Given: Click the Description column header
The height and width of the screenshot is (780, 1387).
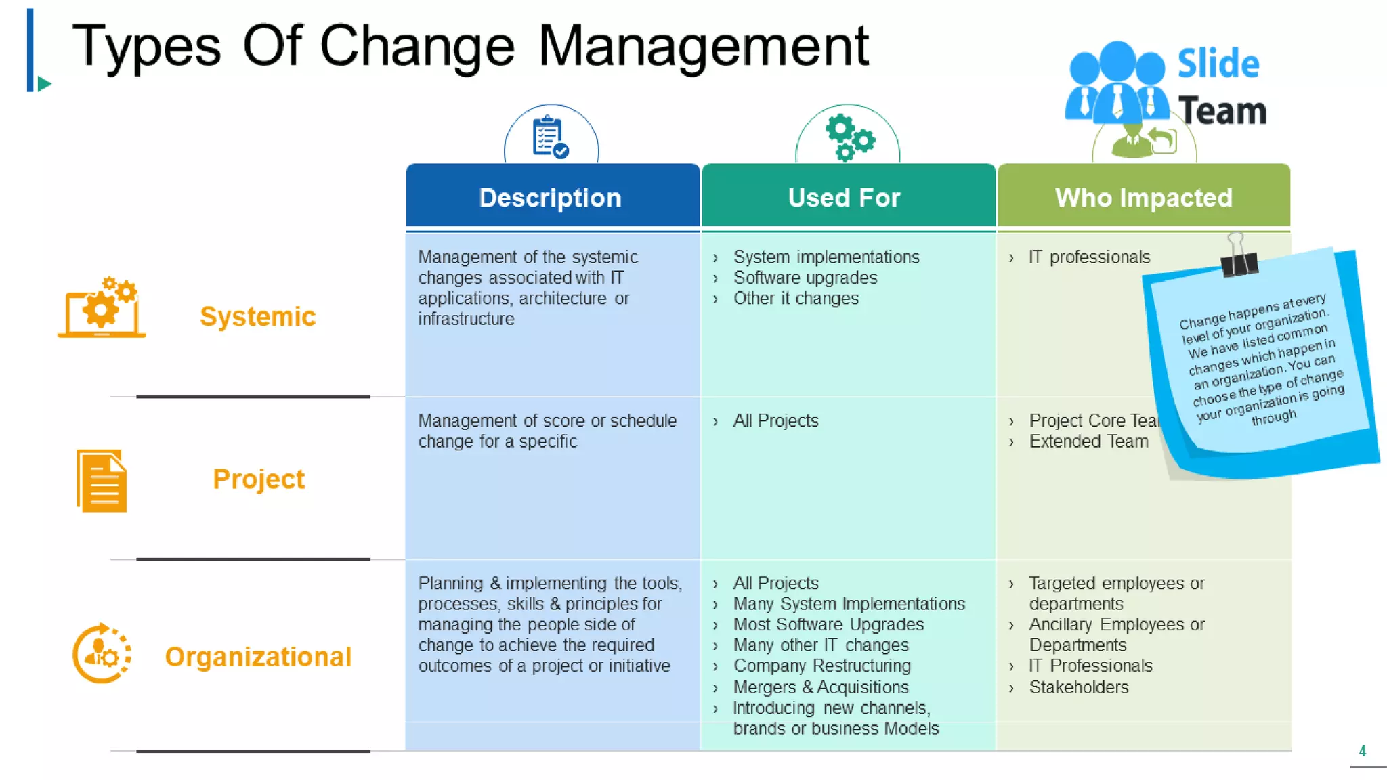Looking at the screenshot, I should point(550,197).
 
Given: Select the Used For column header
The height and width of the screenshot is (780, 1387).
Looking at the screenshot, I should point(844,197).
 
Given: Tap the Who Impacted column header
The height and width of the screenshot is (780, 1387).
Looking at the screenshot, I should point(1143,197).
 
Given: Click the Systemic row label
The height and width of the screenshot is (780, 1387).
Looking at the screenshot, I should point(257,316).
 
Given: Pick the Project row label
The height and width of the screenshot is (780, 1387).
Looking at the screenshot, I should point(258,479).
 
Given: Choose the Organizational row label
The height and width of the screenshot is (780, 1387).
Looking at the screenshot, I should point(258,656).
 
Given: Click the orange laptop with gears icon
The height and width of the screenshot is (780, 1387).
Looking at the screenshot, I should point(102,308).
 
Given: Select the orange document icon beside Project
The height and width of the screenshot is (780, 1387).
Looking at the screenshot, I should point(102,480).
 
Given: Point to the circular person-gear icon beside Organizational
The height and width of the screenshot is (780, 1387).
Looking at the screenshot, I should point(102,653).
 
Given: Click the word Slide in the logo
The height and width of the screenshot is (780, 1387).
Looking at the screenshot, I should point(1218,64).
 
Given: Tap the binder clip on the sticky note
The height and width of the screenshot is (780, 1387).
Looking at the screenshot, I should point(1239,256).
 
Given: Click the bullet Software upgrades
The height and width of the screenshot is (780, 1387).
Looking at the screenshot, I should point(805,278).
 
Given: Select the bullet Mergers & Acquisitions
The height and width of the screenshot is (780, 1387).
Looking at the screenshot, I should point(820,687).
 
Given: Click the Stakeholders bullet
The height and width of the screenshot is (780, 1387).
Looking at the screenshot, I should point(1078,687).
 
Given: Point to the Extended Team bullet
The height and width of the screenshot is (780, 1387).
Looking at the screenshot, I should point(1088,441).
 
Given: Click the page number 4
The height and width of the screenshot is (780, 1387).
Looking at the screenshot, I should point(1362,750).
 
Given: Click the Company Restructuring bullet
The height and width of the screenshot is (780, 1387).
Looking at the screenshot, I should point(821,666).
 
